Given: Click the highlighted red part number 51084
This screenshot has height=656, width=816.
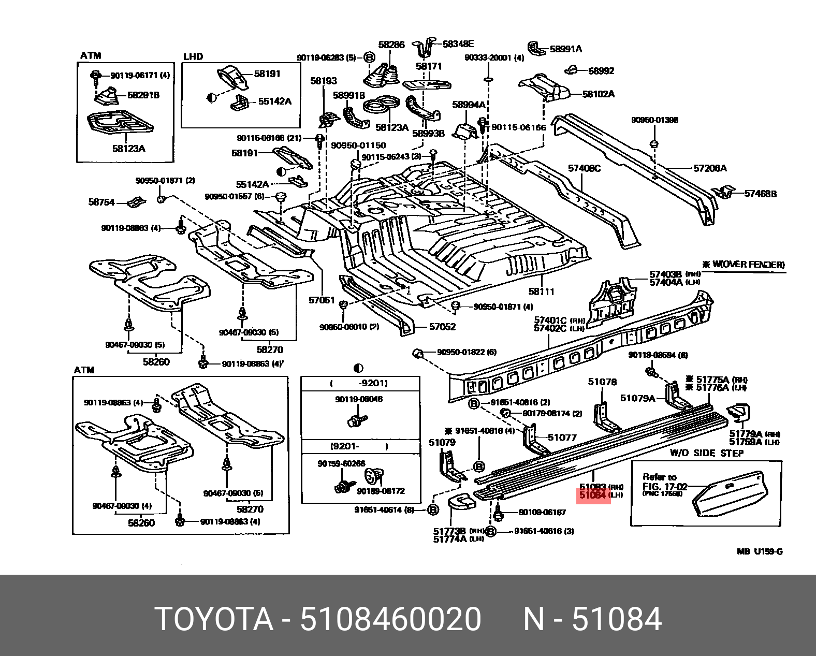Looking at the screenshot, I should [x=592, y=495].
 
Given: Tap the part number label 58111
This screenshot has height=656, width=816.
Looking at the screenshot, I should [x=541, y=291].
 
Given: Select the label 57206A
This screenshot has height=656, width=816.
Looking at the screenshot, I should [x=710, y=168].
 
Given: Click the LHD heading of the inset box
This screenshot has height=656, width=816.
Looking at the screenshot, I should [x=193, y=56].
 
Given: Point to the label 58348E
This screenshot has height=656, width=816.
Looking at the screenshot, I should [x=458, y=45].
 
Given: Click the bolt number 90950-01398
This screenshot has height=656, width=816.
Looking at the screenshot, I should [x=654, y=120].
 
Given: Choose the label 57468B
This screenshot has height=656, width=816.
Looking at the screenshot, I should [x=760, y=194].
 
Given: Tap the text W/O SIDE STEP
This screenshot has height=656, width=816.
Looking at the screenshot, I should [x=707, y=453].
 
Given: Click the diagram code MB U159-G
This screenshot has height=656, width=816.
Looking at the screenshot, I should [x=760, y=551].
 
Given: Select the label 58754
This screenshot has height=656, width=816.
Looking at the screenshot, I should [x=101, y=202].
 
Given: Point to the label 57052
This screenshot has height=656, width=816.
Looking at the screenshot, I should [x=442, y=327].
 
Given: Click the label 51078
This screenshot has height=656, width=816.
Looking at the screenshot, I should [x=602, y=382].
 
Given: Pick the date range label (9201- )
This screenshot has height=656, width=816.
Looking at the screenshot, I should [x=359, y=447].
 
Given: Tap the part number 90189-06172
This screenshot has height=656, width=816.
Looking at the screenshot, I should [x=381, y=491].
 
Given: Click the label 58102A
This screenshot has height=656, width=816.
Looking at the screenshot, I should [x=598, y=94].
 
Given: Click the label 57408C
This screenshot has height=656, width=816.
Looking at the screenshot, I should [x=584, y=168].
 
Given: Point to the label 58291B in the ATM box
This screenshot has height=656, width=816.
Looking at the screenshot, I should [x=143, y=95].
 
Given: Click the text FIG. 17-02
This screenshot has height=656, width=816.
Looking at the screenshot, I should [x=664, y=486].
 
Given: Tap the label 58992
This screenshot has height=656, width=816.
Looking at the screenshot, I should [x=601, y=71].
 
